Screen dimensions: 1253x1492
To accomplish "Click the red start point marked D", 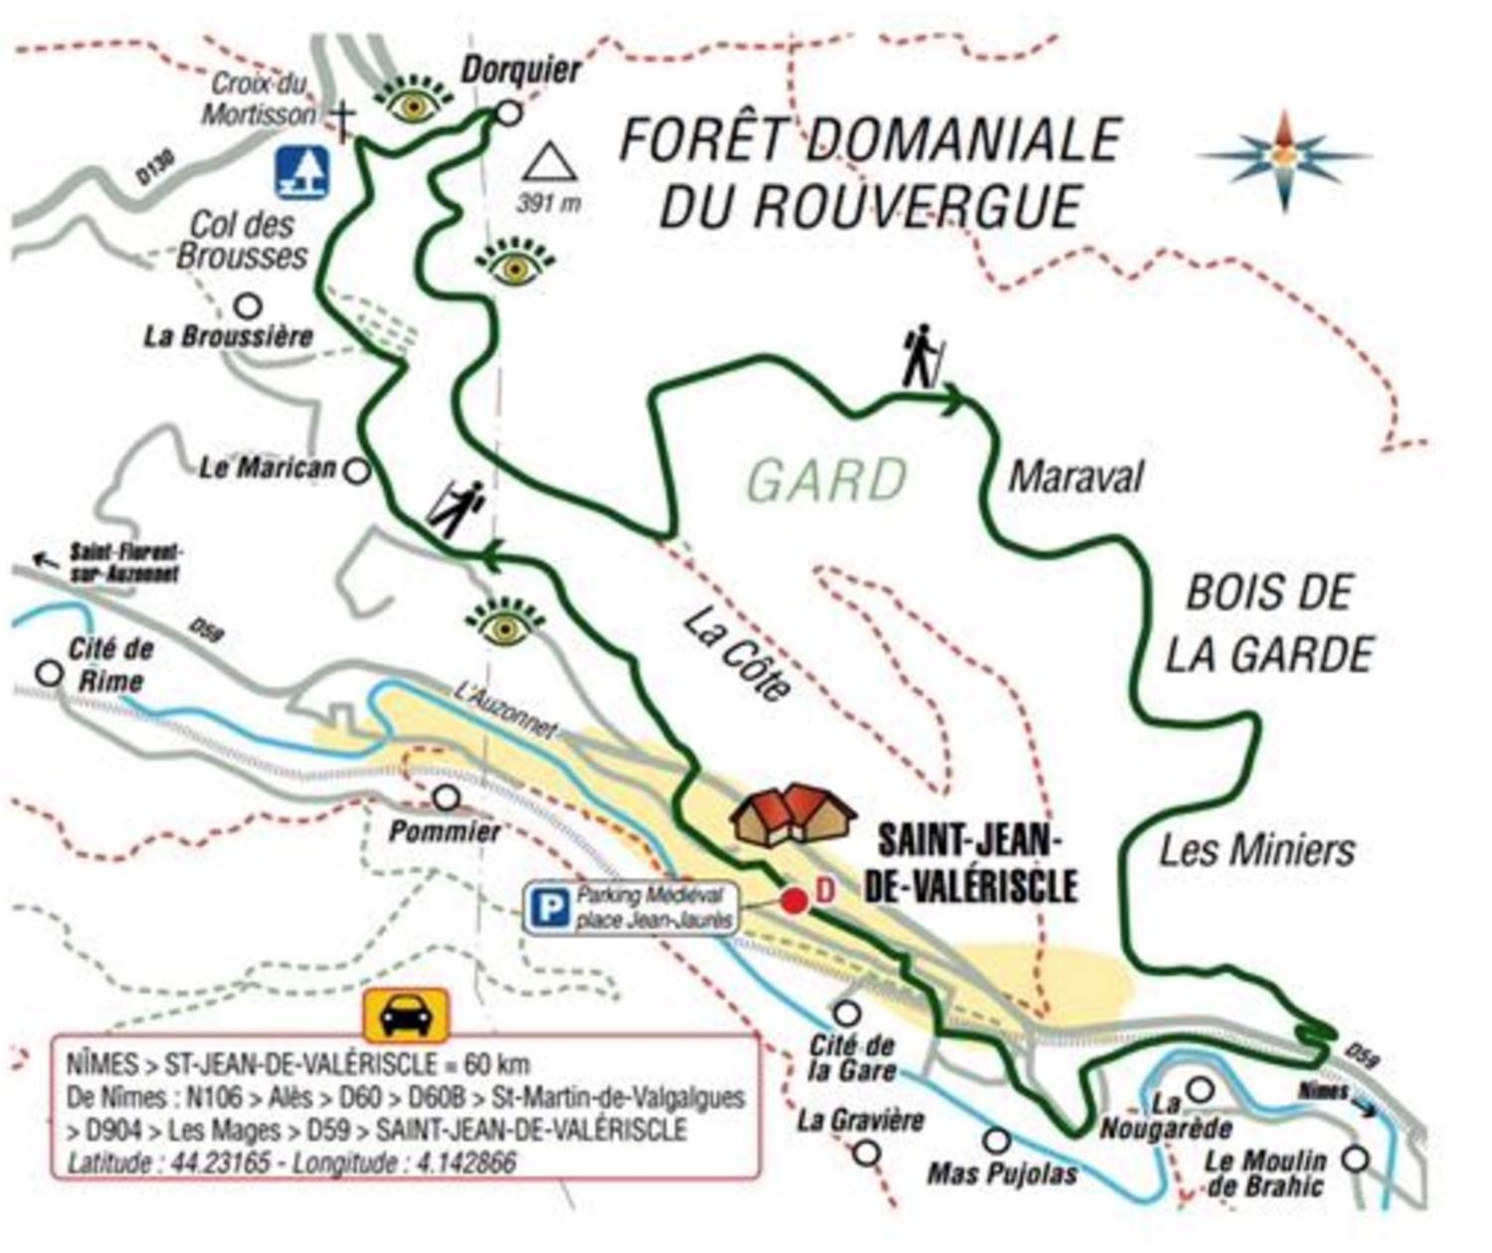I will pyautogui.click(x=794, y=901).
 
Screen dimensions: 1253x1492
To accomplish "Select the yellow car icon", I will pyautogui.click(x=406, y=1014).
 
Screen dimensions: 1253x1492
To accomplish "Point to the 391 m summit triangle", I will pyautogui.click(x=550, y=162).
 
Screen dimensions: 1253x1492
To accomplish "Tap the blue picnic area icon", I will pyautogui.click(x=301, y=171).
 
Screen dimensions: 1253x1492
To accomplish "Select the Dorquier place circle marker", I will pyautogui.click(x=508, y=113).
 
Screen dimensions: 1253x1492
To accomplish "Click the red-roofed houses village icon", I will pyautogui.click(x=793, y=812).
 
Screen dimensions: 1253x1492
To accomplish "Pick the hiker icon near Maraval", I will pyautogui.click(x=922, y=355).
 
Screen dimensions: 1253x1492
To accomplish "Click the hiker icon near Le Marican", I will pyautogui.click(x=458, y=508).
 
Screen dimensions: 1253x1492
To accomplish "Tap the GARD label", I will pyautogui.click(x=828, y=480).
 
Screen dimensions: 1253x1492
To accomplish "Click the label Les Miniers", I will pyautogui.click(x=1257, y=851).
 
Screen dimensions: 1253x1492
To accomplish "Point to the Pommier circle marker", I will pyautogui.click(x=447, y=797).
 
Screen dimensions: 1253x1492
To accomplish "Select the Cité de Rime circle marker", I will pyautogui.click(x=49, y=672).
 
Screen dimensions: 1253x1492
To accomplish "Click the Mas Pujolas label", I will pyautogui.click(x=1002, y=1173).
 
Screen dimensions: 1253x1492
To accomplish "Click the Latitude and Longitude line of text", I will pyautogui.click(x=291, y=1162).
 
